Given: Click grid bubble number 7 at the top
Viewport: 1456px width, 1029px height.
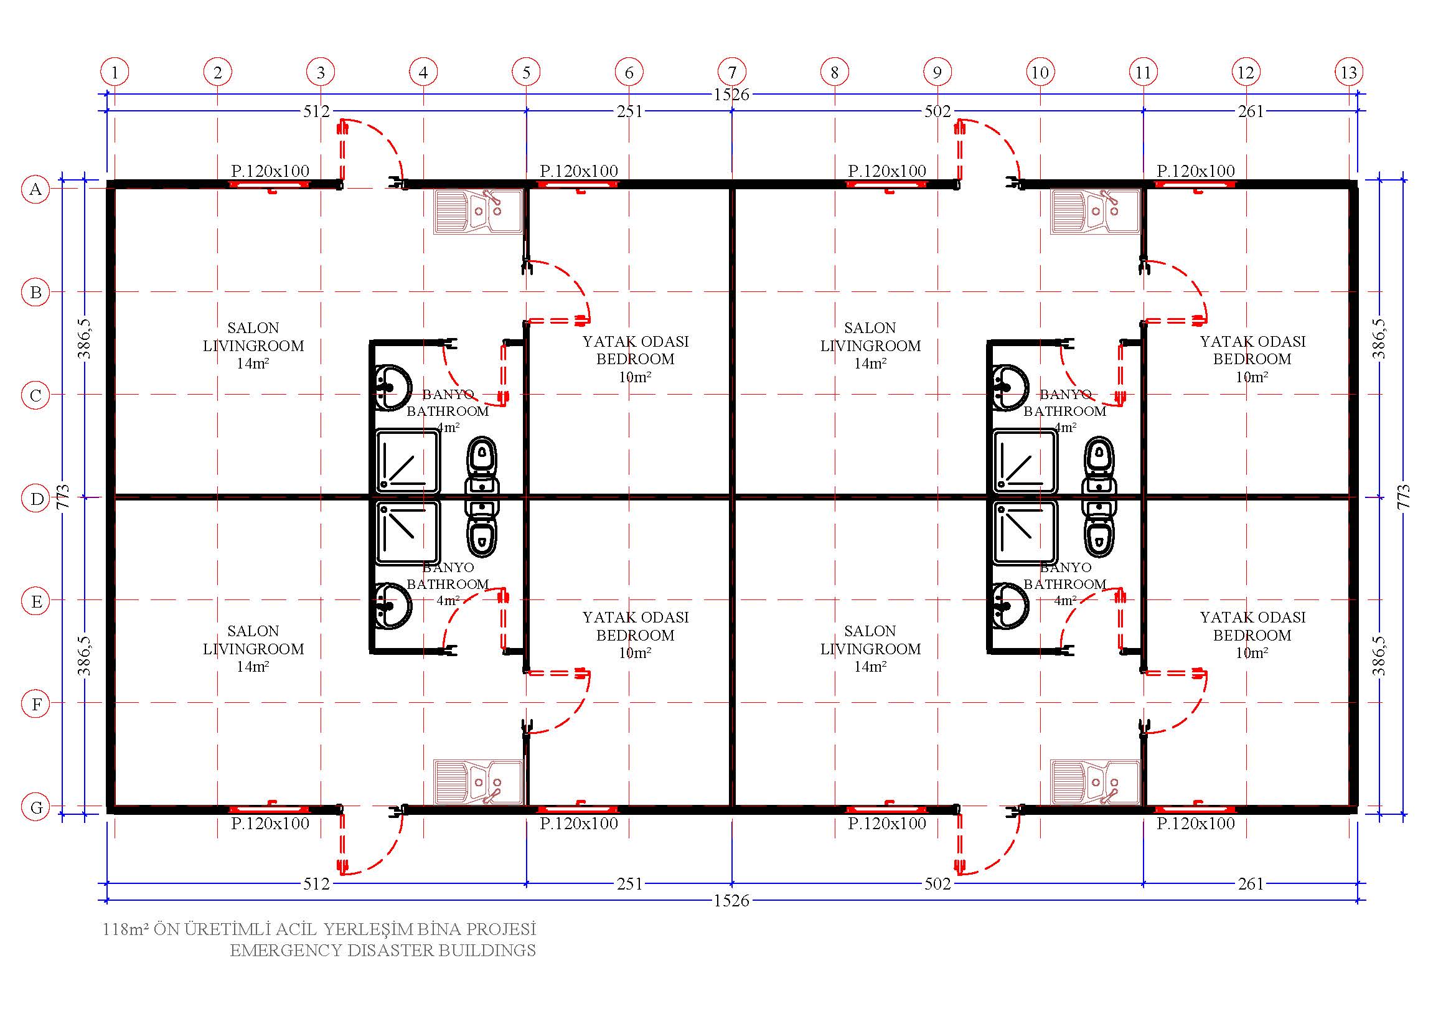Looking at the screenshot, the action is click(732, 72).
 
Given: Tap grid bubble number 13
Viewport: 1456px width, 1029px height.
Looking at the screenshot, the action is click(1348, 72).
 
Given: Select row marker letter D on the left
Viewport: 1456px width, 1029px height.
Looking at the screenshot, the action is click(36, 499).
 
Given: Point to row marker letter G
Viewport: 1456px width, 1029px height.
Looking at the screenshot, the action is click(36, 807).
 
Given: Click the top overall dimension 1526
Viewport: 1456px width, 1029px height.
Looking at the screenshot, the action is click(731, 95).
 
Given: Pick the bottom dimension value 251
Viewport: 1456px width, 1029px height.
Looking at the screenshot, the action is click(629, 883).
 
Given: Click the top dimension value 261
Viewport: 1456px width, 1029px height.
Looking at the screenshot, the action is click(1251, 111).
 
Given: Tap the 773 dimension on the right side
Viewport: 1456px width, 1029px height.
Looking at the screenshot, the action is click(1403, 496).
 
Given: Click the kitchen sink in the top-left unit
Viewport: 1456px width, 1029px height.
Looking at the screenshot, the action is click(479, 212).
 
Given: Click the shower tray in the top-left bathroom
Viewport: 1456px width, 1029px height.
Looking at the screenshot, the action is click(407, 461).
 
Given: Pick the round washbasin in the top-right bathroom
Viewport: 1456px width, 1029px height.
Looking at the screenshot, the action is click(1009, 387).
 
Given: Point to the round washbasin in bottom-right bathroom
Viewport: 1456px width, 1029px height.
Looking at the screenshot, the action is click(1009, 607).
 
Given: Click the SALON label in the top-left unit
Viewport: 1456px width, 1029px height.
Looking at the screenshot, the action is click(253, 328).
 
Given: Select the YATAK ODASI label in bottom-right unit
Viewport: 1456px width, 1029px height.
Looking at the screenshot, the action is click(1252, 617).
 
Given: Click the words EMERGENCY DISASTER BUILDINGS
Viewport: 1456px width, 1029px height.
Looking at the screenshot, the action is click(382, 951).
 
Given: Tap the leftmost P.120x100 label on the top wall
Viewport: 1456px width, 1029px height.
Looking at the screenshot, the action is click(270, 171).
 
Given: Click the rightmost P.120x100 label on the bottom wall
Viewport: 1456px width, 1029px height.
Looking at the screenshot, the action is click(1195, 824).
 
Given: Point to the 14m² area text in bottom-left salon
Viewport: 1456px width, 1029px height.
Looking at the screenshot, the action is click(253, 666).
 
